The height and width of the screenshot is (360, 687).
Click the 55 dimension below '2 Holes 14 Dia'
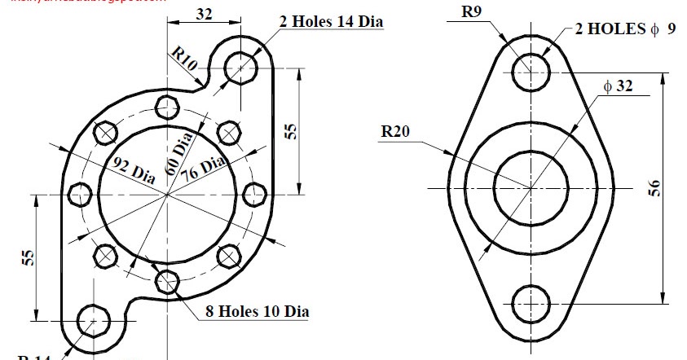[291, 132]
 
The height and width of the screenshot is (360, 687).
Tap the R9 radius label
[471, 12]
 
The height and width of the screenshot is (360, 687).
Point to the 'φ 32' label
[618, 86]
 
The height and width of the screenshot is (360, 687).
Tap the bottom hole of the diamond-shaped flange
[531, 302]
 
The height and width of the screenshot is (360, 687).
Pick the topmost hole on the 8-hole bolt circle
[167, 107]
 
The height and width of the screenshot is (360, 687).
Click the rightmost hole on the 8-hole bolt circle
[255, 195]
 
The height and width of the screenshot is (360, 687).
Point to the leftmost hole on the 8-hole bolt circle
[80, 195]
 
